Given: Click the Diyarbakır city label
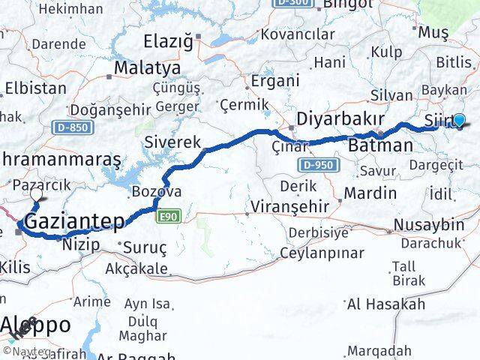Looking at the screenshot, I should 340,119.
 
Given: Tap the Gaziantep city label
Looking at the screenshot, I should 74,222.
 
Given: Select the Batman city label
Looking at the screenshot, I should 381,145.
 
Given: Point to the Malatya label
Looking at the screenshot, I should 147,68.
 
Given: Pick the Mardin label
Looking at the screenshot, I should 370,193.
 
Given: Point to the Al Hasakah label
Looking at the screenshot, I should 385,304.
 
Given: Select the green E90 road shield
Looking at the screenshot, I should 167,217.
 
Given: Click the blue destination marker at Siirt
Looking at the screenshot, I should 459,119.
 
